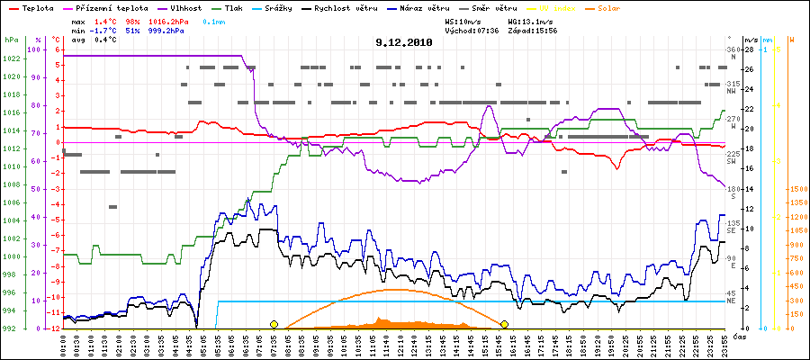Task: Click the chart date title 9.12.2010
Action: [404, 41]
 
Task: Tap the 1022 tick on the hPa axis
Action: [11, 58]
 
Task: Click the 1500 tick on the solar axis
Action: [797, 189]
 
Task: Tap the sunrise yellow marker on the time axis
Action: [274, 324]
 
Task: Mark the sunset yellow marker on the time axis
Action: [505, 324]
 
